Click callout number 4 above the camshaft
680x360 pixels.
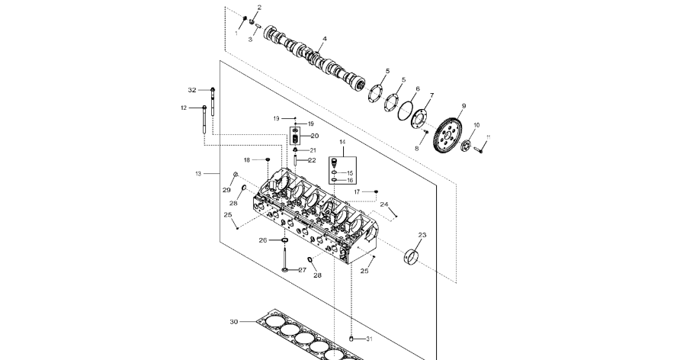pos(324,38)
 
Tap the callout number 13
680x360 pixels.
pos(198,174)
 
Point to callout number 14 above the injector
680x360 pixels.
pos(342,143)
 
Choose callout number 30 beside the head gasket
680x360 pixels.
pos(234,322)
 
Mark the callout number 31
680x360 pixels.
pos(370,339)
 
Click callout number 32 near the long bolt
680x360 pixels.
pos(192,90)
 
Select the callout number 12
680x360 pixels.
pos(184,108)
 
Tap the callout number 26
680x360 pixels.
pos(263,240)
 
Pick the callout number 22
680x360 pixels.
pos(311,160)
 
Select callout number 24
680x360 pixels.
pos(384,204)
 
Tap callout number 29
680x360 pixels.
pos(226,189)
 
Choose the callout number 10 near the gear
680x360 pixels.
pos(476,124)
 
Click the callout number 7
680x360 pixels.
pos(431,96)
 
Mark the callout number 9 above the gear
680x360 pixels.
pos(463,106)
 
